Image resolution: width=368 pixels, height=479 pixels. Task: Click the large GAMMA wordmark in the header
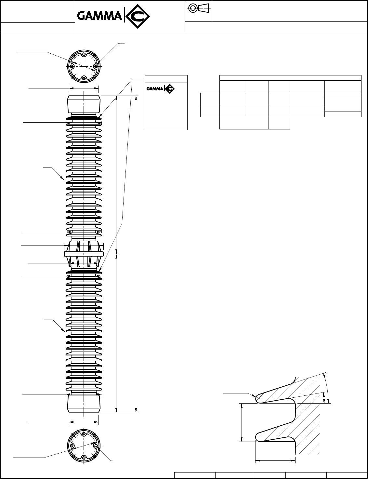(99, 16)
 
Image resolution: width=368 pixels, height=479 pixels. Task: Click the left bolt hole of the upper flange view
(72, 66)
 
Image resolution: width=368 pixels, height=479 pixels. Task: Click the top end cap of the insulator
(84, 103)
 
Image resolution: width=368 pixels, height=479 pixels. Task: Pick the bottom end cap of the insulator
(84, 404)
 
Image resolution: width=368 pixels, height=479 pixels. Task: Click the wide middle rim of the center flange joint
(84, 254)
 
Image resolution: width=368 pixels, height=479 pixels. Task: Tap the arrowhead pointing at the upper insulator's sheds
(63, 178)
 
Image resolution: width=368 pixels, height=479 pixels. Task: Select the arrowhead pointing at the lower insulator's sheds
(63, 330)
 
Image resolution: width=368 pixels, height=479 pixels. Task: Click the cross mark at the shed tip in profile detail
(259, 398)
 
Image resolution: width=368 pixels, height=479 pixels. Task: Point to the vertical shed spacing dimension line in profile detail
(242, 422)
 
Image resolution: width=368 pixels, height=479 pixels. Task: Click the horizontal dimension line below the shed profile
(275, 460)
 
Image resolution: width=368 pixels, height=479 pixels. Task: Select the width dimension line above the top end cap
(84, 88)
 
